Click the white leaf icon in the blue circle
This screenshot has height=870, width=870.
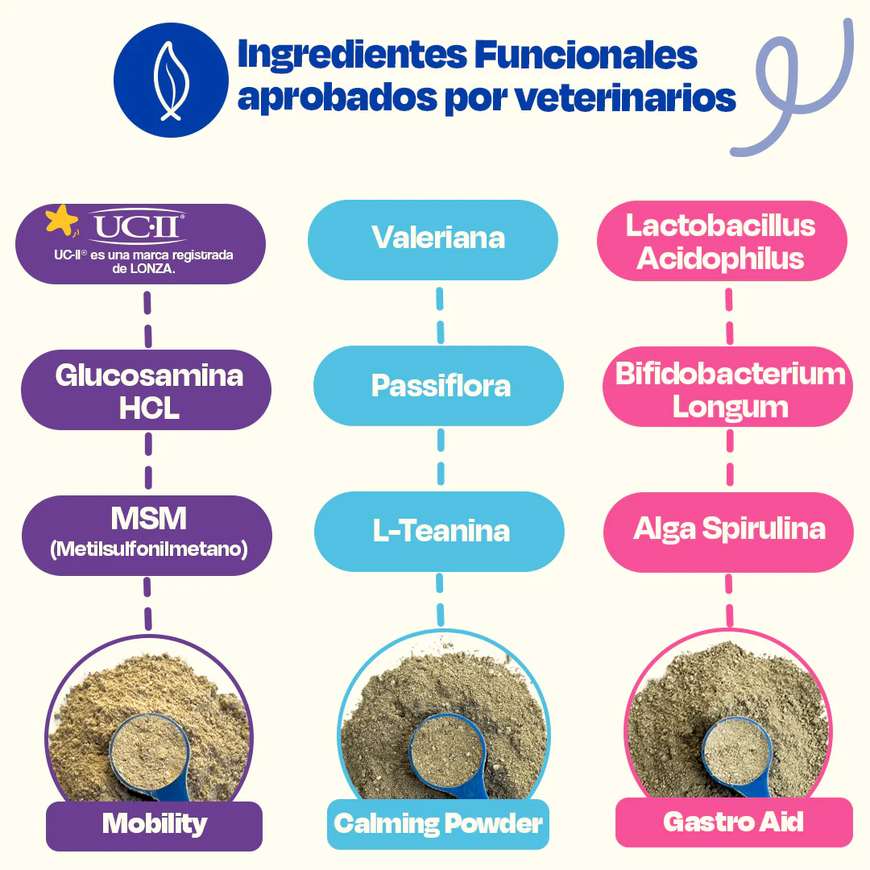[169, 81]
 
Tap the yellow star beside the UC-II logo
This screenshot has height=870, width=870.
[62, 220]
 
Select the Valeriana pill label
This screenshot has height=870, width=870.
[438, 238]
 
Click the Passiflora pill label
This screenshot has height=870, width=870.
[440, 385]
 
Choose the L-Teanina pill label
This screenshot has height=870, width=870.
[441, 531]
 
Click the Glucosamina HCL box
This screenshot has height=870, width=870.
[149, 391]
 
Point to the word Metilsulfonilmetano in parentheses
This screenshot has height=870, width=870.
[148, 550]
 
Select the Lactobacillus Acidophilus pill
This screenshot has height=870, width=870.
[721, 241]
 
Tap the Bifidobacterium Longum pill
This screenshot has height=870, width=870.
[729, 389]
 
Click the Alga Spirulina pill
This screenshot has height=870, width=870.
[729, 529]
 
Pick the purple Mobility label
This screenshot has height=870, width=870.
[154, 824]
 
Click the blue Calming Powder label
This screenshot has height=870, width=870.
[437, 824]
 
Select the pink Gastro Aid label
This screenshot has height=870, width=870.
[733, 822]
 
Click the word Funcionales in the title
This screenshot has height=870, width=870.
[586, 56]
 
